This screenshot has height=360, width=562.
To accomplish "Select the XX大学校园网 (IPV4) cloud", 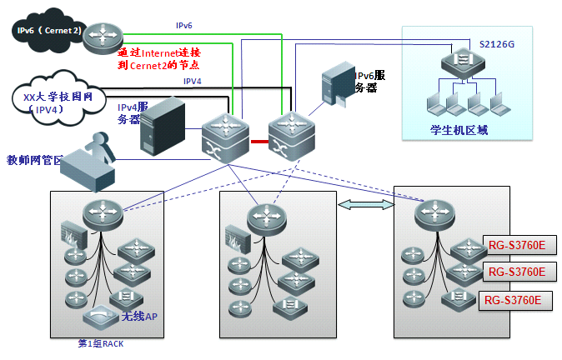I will point(50,103).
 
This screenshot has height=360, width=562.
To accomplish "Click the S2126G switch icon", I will point(459,61).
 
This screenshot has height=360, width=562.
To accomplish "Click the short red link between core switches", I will point(259,142).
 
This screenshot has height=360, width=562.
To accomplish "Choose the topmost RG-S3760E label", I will point(517,245).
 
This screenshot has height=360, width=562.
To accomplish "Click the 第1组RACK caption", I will point(100,342).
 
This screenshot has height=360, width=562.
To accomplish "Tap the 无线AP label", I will point(139,317).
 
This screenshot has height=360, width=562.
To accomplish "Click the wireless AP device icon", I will point(99,317).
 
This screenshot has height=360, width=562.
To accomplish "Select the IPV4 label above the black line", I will point(193,81).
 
